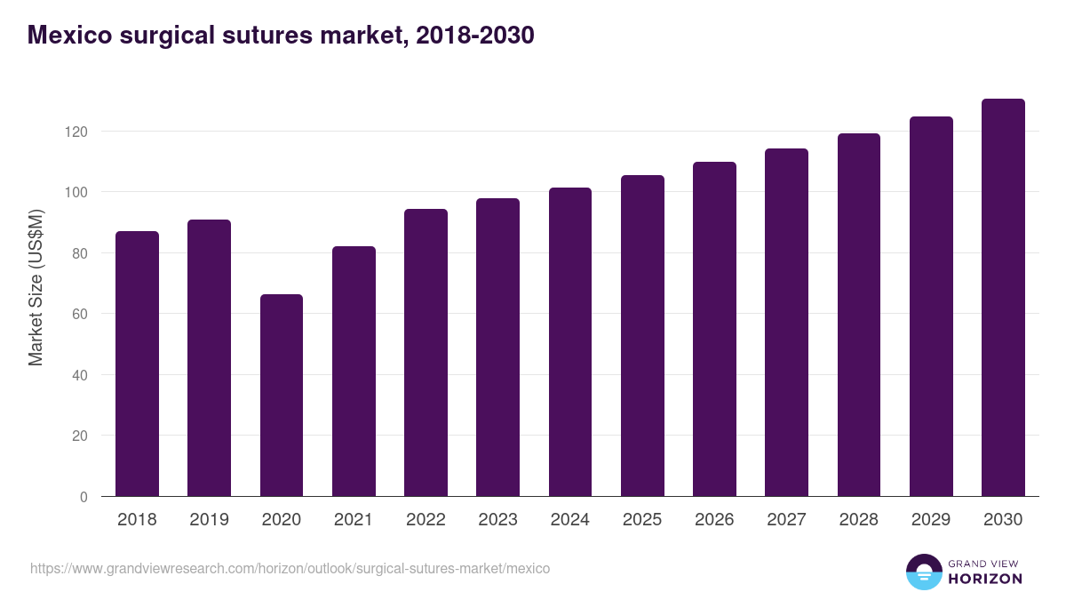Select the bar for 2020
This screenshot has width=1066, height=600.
(x=282, y=396)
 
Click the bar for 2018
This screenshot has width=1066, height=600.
(x=137, y=364)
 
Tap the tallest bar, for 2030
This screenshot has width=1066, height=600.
(x=1003, y=298)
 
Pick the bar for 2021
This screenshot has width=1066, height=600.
(x=354, y=372)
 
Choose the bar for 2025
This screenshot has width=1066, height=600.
(x=642, y=336)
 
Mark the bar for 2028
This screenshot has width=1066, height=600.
(x=859, y=316)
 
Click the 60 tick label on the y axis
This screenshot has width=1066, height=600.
(x=82, y=314)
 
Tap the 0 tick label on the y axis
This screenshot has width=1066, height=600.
(x=84, y=497)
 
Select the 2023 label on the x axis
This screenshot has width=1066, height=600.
(x=497, y=520)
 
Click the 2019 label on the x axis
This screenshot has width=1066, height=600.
(x=209, y=520)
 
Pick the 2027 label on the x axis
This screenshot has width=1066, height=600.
(x=786, y=520)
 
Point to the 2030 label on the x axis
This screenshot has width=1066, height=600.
(x=1003, y=520)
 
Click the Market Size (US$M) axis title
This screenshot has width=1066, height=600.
(x=36, y=287)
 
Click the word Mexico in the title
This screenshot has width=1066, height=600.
(x=68, y=35)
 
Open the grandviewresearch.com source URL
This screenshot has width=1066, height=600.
(x=290, y=568)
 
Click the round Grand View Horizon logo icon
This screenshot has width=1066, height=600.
(x=923, y=572)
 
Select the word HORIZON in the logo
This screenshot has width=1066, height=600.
(x=985, y=579)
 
